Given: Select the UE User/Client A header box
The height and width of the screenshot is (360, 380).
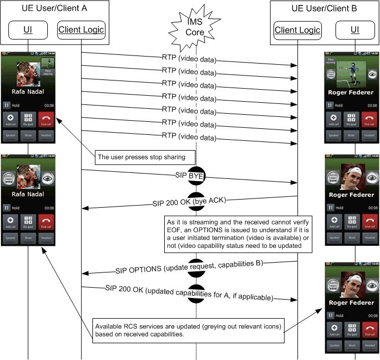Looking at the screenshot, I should click(54, 9).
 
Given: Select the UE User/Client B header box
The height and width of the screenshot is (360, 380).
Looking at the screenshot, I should click(325, 9).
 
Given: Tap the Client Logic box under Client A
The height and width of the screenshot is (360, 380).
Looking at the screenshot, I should click(81, 29).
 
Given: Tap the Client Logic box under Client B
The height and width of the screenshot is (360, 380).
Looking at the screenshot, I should click(297, 29).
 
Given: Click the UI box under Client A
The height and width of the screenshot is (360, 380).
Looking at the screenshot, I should click(28, 29).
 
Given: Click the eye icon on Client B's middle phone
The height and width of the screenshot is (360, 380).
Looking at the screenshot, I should click(372, 177).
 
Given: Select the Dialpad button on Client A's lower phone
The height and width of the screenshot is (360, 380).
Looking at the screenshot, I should click(28, 221).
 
